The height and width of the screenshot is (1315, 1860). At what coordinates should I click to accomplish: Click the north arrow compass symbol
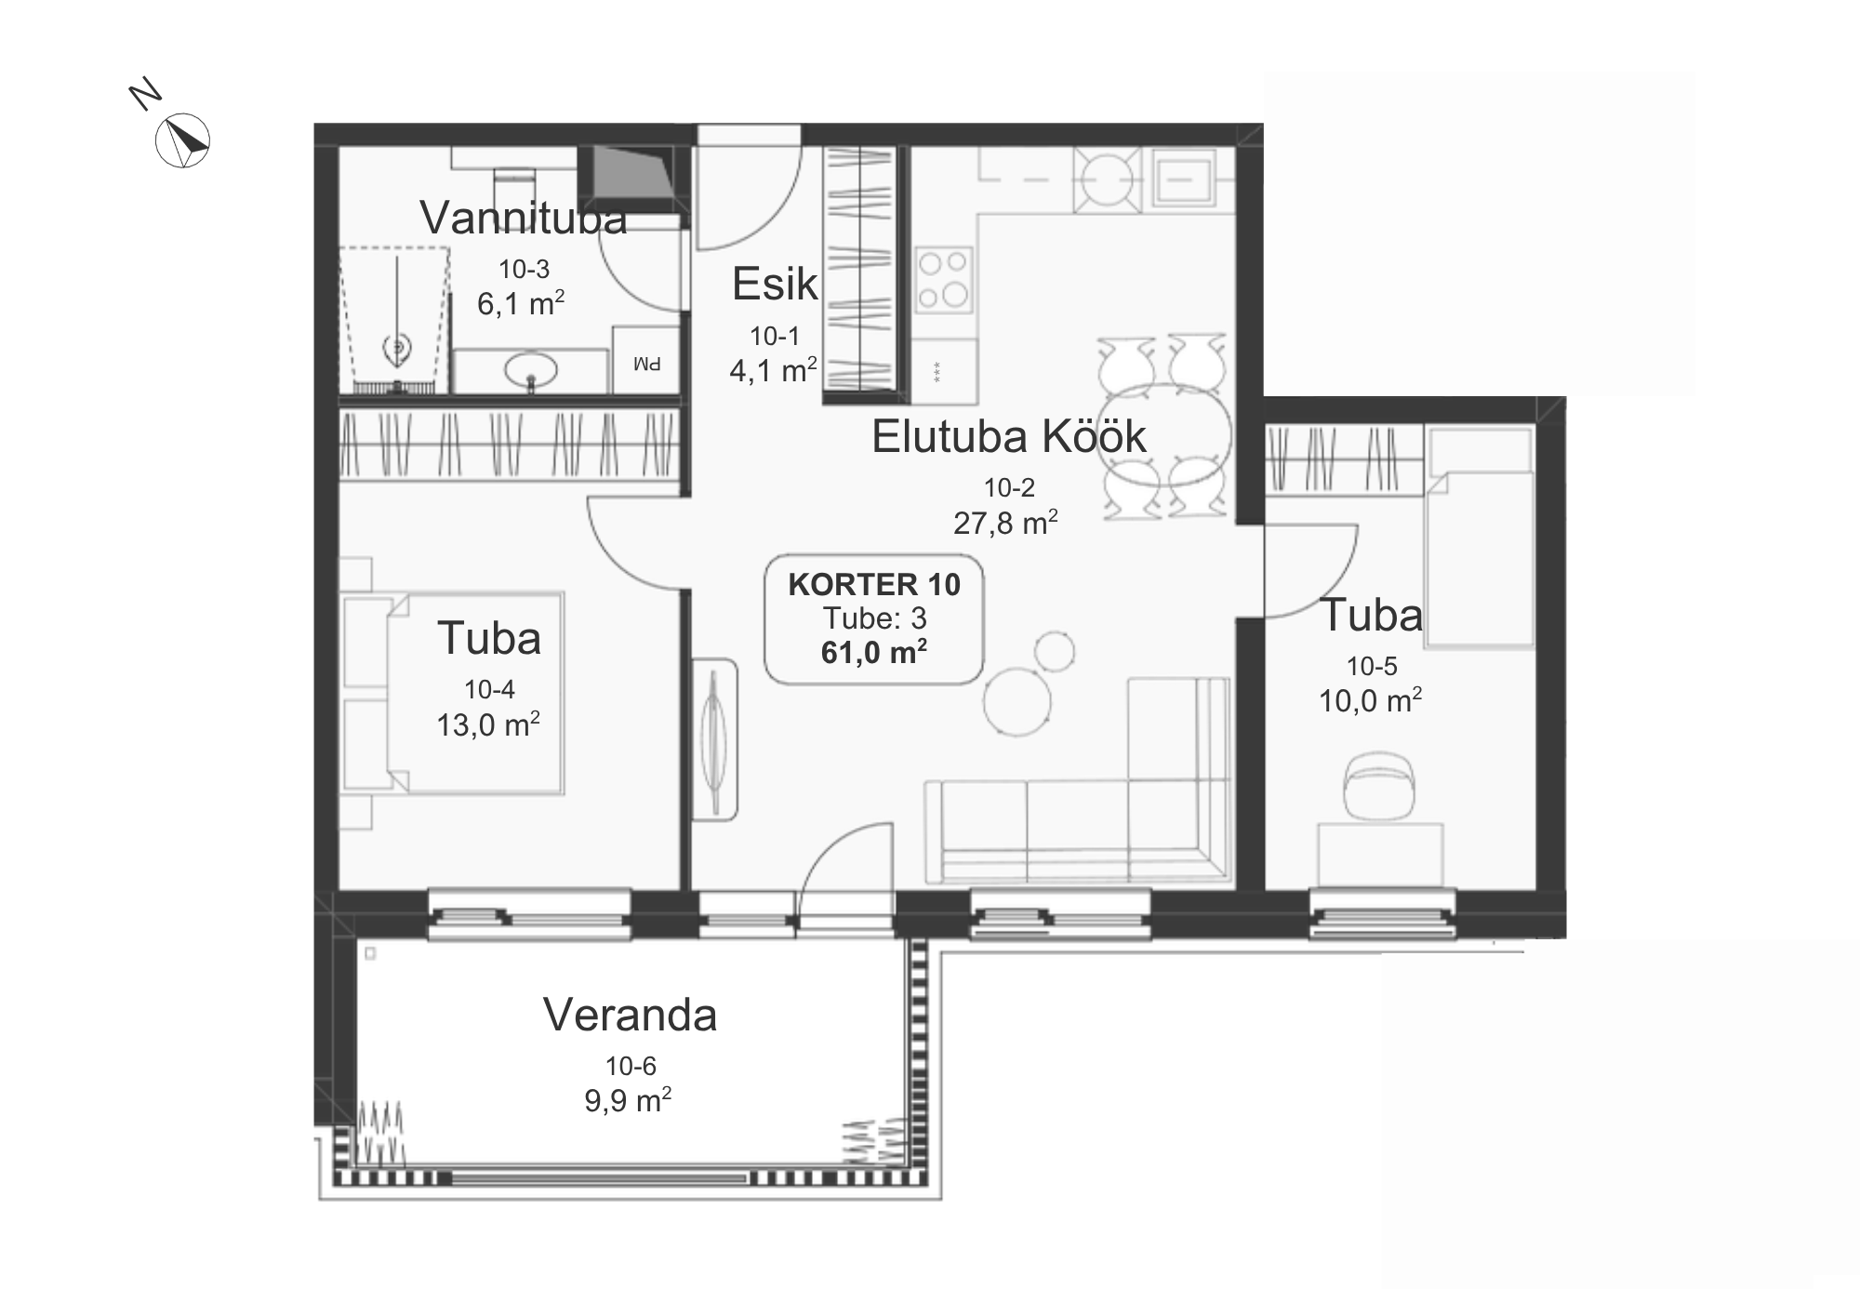click(182, 141)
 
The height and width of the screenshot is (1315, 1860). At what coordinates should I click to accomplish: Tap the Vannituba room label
click(524, 218)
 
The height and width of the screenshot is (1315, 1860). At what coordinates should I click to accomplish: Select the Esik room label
click(775, 284)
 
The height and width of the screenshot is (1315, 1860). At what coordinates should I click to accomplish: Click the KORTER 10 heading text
click(874, 584)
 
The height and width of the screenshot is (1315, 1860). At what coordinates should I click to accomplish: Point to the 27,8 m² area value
click(1005, 523)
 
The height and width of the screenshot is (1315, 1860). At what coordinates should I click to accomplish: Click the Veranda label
click(631, 1015)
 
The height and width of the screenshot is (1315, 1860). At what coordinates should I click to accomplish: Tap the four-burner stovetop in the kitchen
click(944, 280)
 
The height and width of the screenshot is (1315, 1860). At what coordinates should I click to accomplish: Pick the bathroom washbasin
click(531, 371)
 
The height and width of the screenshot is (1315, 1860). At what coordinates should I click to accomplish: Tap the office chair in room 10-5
click(1380, 786)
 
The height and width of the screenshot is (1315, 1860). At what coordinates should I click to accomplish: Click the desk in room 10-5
click(1380, 854)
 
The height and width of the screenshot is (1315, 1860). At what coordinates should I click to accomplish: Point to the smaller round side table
click(1055, 651)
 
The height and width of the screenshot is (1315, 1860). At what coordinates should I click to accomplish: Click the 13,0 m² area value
click(488, 724)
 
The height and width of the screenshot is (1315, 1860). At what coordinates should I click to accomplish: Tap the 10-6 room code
click(631, 1066)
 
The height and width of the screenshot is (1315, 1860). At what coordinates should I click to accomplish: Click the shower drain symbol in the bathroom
click(398, 349)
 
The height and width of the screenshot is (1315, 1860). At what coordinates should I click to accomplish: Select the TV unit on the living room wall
click(714, 739)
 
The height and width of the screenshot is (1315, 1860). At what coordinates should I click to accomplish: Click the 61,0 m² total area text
click(874, 652)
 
